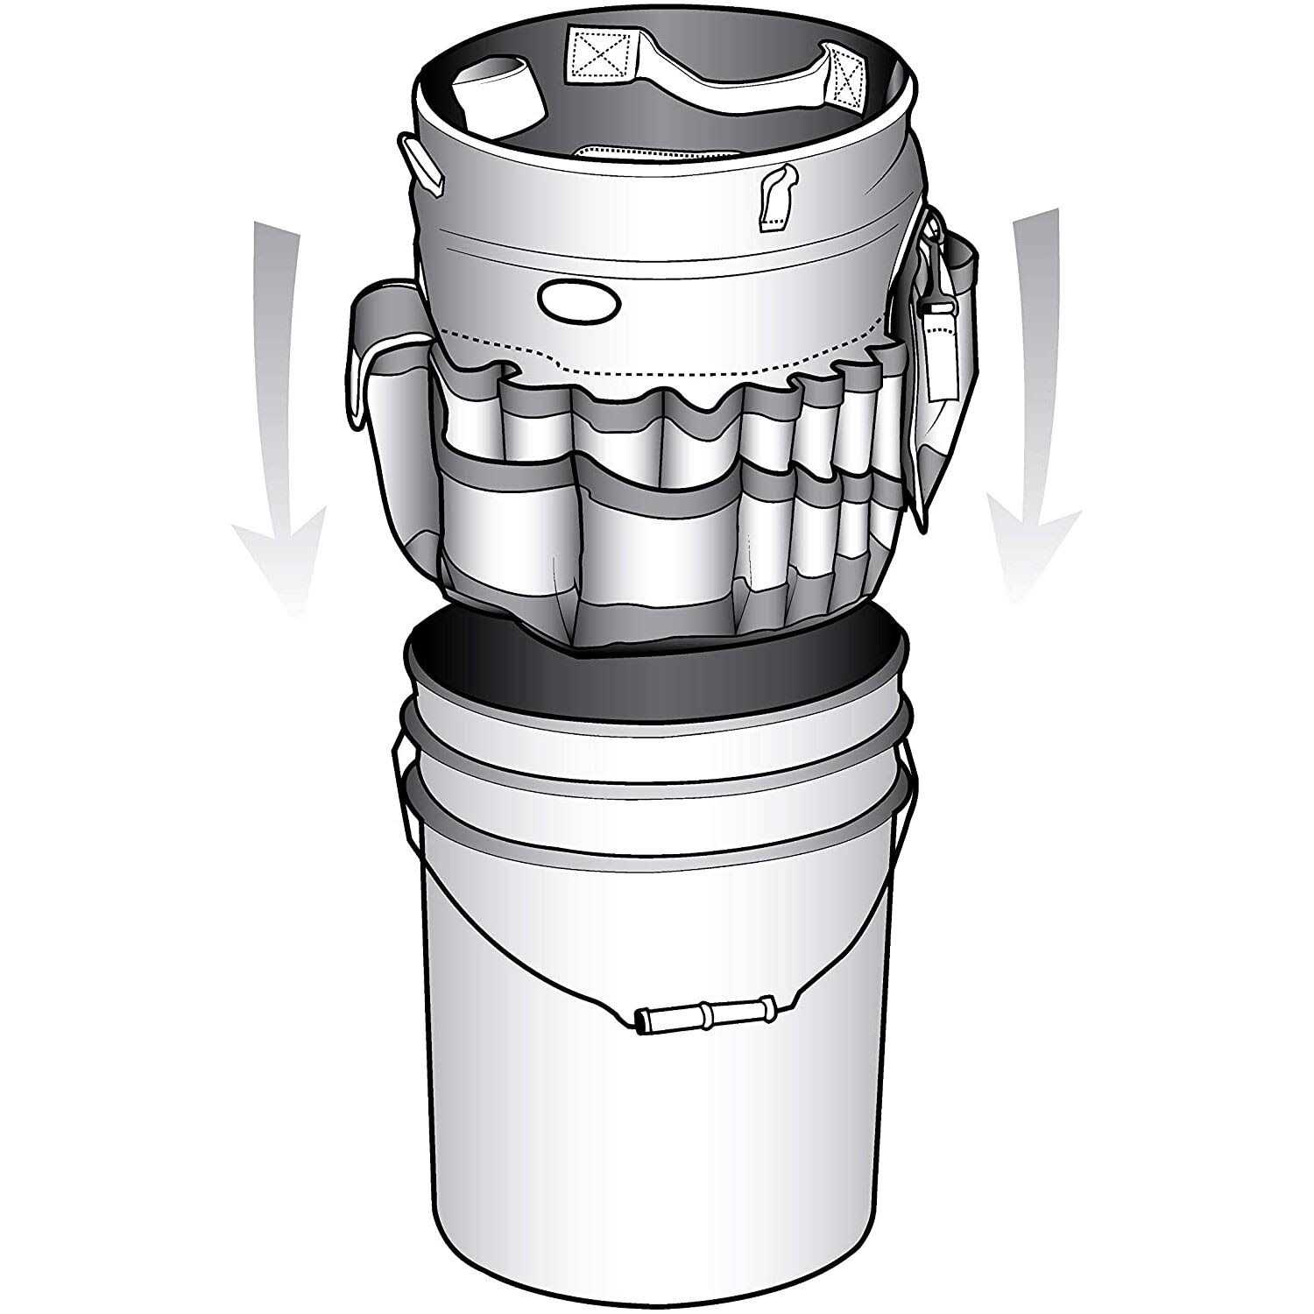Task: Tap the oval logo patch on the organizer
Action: point(578,300)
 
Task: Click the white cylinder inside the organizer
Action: point(498,97)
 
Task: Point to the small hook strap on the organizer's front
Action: point(776,198)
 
